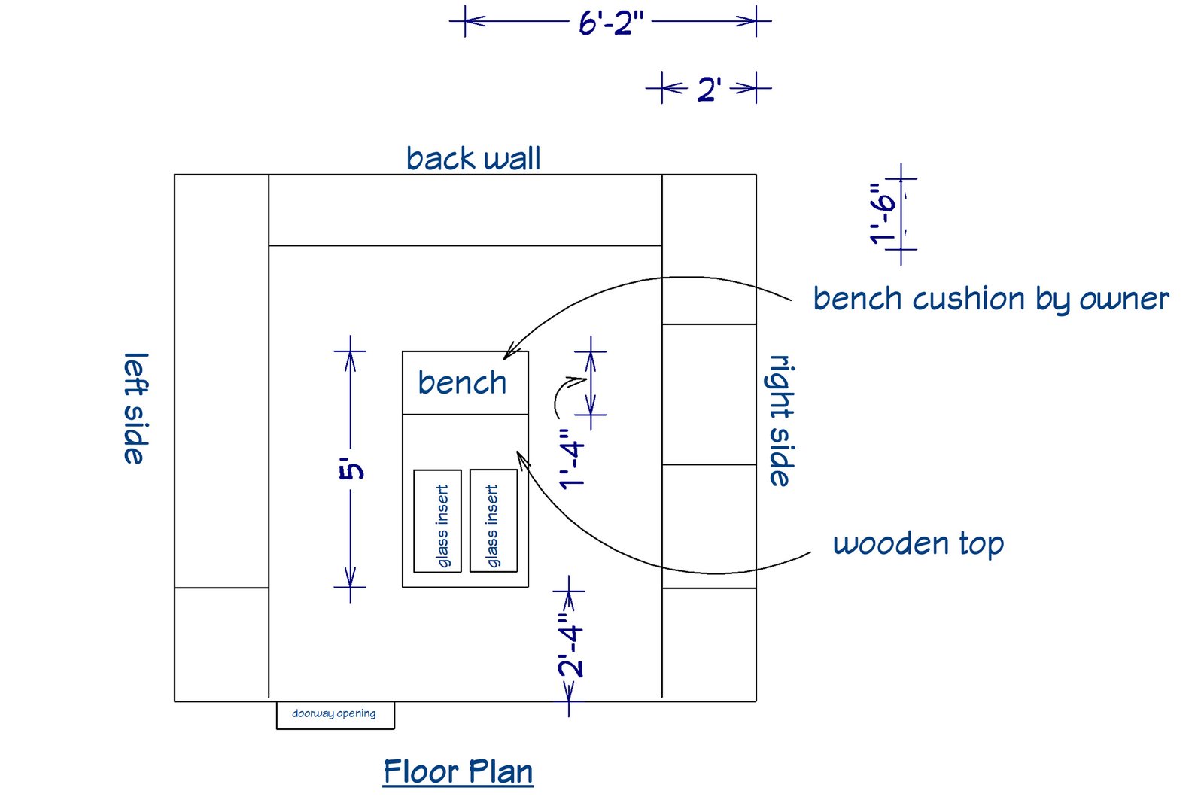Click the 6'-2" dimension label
point(610,23)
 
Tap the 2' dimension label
point(709,90)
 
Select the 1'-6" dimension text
point(883,214)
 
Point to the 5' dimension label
point(351,470)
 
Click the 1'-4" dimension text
point(573,460)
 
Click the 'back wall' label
point(473,159)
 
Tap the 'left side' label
point(135,408)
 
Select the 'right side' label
point(781,421)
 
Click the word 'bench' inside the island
point(462,382)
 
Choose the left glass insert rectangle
point(438,521)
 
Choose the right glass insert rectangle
point(494,521)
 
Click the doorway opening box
point(335,714)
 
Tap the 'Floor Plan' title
point(458,772)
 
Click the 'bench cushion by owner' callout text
point(990,300)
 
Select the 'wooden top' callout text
point(918,543)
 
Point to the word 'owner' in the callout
point(1124,300)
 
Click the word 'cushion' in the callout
point(969,300)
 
